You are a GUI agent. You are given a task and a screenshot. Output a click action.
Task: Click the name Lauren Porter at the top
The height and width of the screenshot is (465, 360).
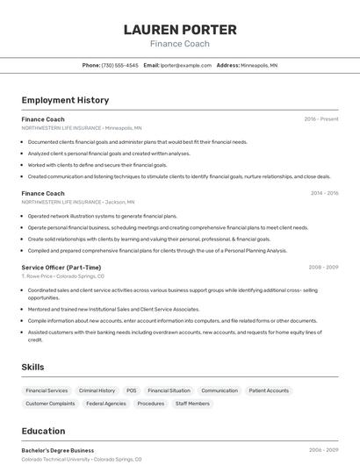click(180, 29)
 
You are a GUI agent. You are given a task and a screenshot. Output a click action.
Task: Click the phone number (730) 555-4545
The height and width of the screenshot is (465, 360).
click(120, 65)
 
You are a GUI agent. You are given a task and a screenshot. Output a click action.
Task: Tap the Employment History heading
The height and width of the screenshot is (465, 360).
click(65, 100)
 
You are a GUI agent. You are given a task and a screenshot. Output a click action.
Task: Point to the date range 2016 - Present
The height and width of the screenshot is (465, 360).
click(321, 119)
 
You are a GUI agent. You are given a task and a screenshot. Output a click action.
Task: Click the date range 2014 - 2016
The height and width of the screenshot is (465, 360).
click(324, 193)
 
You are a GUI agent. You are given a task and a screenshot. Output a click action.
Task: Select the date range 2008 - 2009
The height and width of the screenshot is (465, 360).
click(323, 268)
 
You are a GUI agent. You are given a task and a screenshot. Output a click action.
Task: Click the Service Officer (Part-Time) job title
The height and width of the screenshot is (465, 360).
click(61, 268)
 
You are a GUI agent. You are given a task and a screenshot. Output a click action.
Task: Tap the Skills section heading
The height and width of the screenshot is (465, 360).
click(32, 367)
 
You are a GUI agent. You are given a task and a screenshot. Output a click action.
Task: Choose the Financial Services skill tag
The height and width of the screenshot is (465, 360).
click(47, 390)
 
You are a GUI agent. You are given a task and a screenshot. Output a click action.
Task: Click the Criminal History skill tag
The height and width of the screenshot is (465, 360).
click(97, 390)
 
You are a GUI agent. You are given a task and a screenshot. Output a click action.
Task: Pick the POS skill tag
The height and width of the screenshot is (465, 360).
click(131, 390)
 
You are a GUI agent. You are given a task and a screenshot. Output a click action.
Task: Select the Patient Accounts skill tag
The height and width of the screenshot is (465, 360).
click(269, 390)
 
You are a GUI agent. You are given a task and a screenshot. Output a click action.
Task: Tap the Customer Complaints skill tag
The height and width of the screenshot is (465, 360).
click(50, 404)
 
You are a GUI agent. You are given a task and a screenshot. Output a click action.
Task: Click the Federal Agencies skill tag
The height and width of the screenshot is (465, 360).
click(106, 404)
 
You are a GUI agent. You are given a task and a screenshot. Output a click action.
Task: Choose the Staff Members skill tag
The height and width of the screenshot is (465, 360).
click(192, 404)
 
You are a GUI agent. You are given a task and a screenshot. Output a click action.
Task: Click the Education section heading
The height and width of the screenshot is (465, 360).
click(43, 431)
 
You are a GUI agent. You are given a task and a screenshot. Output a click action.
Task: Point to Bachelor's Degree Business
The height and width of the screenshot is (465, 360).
click(58, 450)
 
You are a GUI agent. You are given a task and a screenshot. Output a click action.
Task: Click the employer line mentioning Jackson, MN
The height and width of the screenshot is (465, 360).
click(81, 202)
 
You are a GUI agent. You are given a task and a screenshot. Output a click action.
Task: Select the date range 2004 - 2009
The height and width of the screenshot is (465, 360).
click(323, 450)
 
